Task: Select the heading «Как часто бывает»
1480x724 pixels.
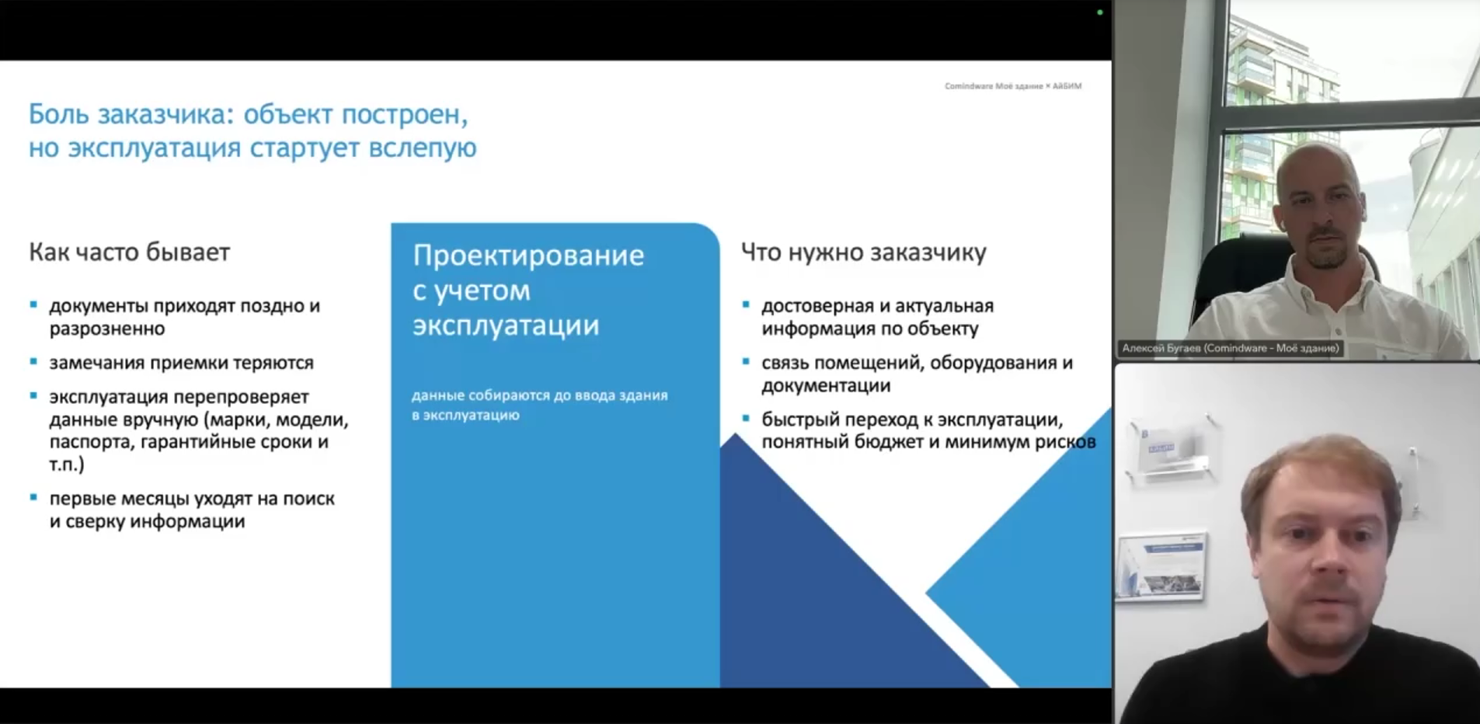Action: [130, 252]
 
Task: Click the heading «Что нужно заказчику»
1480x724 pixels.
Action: [863, 252]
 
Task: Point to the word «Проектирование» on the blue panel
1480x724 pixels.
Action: [528, 256]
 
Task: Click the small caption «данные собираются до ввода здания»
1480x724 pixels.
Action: [540, 395]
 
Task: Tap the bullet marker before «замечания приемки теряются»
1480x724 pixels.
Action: [33, 361]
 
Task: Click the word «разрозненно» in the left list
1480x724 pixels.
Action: [107, 329]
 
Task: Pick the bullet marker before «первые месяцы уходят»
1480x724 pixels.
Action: [33, 497]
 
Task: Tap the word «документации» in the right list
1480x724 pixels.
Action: [825, 386]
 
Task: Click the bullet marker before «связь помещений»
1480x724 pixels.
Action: [746, 361]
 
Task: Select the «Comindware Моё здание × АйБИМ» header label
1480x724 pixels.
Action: [1013, 86]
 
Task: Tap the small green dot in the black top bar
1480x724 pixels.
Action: [1099, 12]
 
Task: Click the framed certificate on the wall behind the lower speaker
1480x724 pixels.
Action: [1161, 567]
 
